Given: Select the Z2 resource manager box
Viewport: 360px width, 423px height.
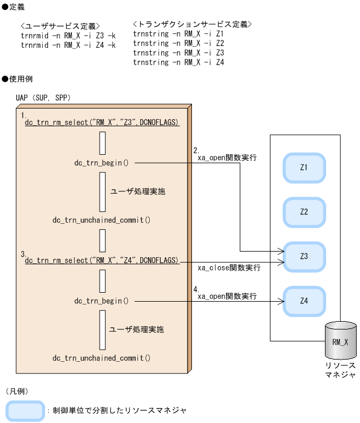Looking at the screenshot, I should click(x=304, y=212).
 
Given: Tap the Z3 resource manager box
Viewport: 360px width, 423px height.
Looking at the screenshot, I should click(x=304, y=256).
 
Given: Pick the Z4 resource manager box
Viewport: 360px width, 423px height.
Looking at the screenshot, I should click(x=304, y=301).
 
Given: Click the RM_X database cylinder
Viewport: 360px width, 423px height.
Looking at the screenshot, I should click(x=340, y=341).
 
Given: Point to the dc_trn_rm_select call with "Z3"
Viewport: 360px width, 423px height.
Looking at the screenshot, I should click(x=102, y=122).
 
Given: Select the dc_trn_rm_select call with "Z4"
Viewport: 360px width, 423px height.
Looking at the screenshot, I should click(x=102, y=260).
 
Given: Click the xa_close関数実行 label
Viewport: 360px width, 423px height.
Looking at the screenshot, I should click(x=229, y=268).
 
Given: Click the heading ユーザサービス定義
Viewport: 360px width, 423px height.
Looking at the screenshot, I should click(x=60, y=26).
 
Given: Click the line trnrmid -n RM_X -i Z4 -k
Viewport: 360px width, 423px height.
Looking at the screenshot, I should click(x=68, y=45).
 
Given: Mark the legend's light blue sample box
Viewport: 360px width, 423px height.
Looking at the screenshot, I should click(x=25, y=410).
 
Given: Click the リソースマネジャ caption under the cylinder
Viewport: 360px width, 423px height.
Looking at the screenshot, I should click(x=340, y=370).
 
